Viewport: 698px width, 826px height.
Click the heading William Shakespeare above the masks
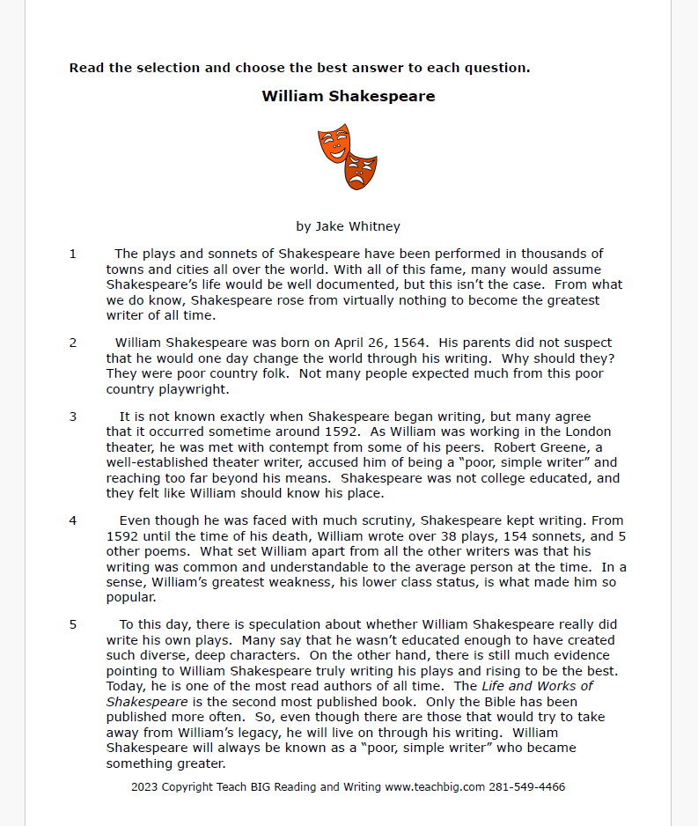[348, 96]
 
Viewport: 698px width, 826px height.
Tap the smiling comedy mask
[334, 143]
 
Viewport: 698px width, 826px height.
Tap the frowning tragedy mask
[361, 169]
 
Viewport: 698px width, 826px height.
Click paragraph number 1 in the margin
[73, 254]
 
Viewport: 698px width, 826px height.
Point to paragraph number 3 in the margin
[73, 417]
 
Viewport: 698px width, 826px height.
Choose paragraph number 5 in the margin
[73, 624]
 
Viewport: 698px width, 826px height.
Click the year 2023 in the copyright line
[145, 786]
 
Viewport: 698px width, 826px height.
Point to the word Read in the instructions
[86, 68]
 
